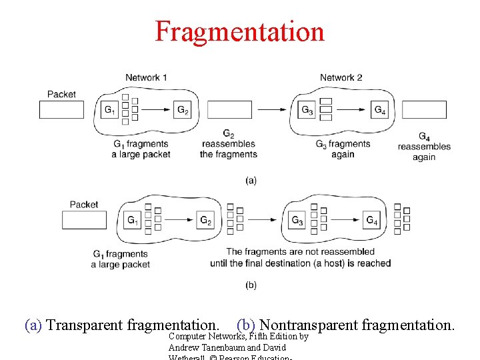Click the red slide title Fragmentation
[x=239, y=31]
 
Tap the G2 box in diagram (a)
[x=183, y=110]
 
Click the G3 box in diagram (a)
[x=307, y=110]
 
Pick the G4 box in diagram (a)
[x=379, y=110]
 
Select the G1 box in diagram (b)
[x=133, y=220]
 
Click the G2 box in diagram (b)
[x=206, y=220]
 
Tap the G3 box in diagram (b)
[x=297, y=220]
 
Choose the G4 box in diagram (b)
[x=371, y=220]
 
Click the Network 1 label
[x=146, y=77]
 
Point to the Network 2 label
[x=341, y=77]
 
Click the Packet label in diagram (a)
[x=61, y=94]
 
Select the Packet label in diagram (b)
[x=84, y=204]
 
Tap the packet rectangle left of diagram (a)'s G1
[x=62, y=110]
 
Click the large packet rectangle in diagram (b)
[x=85, y=220]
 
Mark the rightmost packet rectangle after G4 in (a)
[x=424, y=110]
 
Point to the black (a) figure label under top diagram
[x=251, y=180]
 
